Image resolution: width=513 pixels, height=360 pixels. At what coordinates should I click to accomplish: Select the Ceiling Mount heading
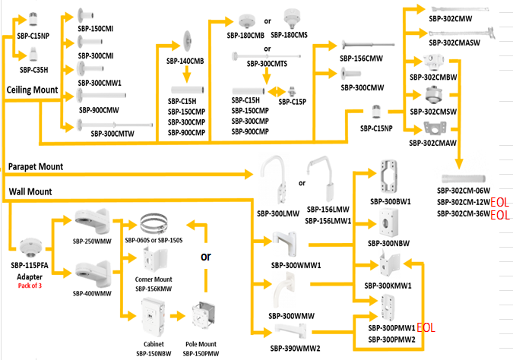32,90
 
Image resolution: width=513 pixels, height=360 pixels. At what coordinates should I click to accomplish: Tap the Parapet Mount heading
36,166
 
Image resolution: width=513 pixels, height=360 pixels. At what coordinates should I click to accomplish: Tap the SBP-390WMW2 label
295,349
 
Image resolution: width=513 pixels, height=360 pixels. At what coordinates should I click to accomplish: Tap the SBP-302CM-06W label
464,191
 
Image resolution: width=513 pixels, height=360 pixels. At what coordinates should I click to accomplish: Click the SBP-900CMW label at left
99,109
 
